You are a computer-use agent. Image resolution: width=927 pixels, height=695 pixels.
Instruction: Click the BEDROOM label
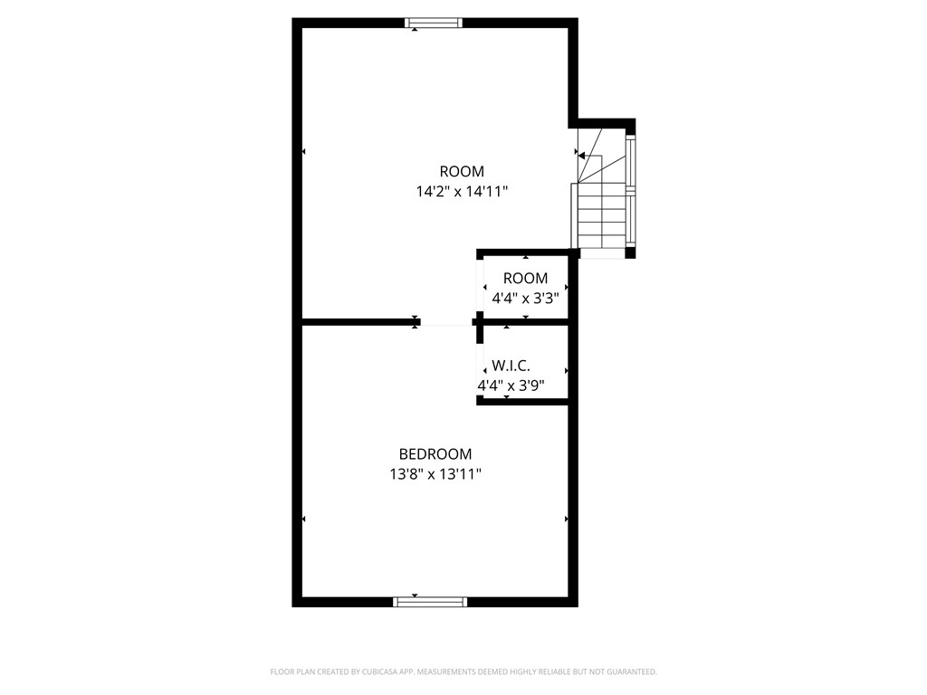tap(435, 454)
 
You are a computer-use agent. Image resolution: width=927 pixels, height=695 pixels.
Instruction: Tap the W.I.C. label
tap(511, 367)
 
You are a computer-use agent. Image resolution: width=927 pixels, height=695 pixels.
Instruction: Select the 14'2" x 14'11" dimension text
tap(462, 191)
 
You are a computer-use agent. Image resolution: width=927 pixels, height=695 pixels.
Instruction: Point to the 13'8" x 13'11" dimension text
tap(435, 474)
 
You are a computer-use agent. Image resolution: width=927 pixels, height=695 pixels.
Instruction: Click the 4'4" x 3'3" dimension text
tap(525, 298)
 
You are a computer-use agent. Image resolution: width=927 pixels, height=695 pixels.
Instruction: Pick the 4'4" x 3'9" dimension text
tap(511, 386)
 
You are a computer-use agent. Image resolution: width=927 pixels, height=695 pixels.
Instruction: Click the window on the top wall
tap(433, 24)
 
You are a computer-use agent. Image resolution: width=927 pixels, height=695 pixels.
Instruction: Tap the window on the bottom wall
tap(431, 601)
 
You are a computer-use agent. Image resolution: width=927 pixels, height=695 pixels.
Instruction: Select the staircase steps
tap(601, 217)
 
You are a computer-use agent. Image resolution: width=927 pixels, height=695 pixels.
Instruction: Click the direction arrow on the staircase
tap(585, 156)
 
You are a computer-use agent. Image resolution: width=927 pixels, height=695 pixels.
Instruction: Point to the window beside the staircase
tap(631, 190)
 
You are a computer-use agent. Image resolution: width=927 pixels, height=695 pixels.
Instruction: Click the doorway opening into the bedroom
tap(446, 322)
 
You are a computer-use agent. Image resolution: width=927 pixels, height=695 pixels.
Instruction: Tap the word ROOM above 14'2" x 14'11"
tap(462, 171)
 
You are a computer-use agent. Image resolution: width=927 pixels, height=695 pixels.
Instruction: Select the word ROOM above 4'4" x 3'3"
tap(525, 278)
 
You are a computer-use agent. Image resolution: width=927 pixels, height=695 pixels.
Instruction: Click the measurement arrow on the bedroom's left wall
tap(303, 519)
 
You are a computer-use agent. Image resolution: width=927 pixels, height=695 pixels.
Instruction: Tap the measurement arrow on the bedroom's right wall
tap(567, 519)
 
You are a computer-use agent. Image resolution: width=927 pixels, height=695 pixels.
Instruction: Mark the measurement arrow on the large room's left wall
tap(303, 151)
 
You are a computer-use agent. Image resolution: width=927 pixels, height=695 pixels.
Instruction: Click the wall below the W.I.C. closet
tap(522, 401)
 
